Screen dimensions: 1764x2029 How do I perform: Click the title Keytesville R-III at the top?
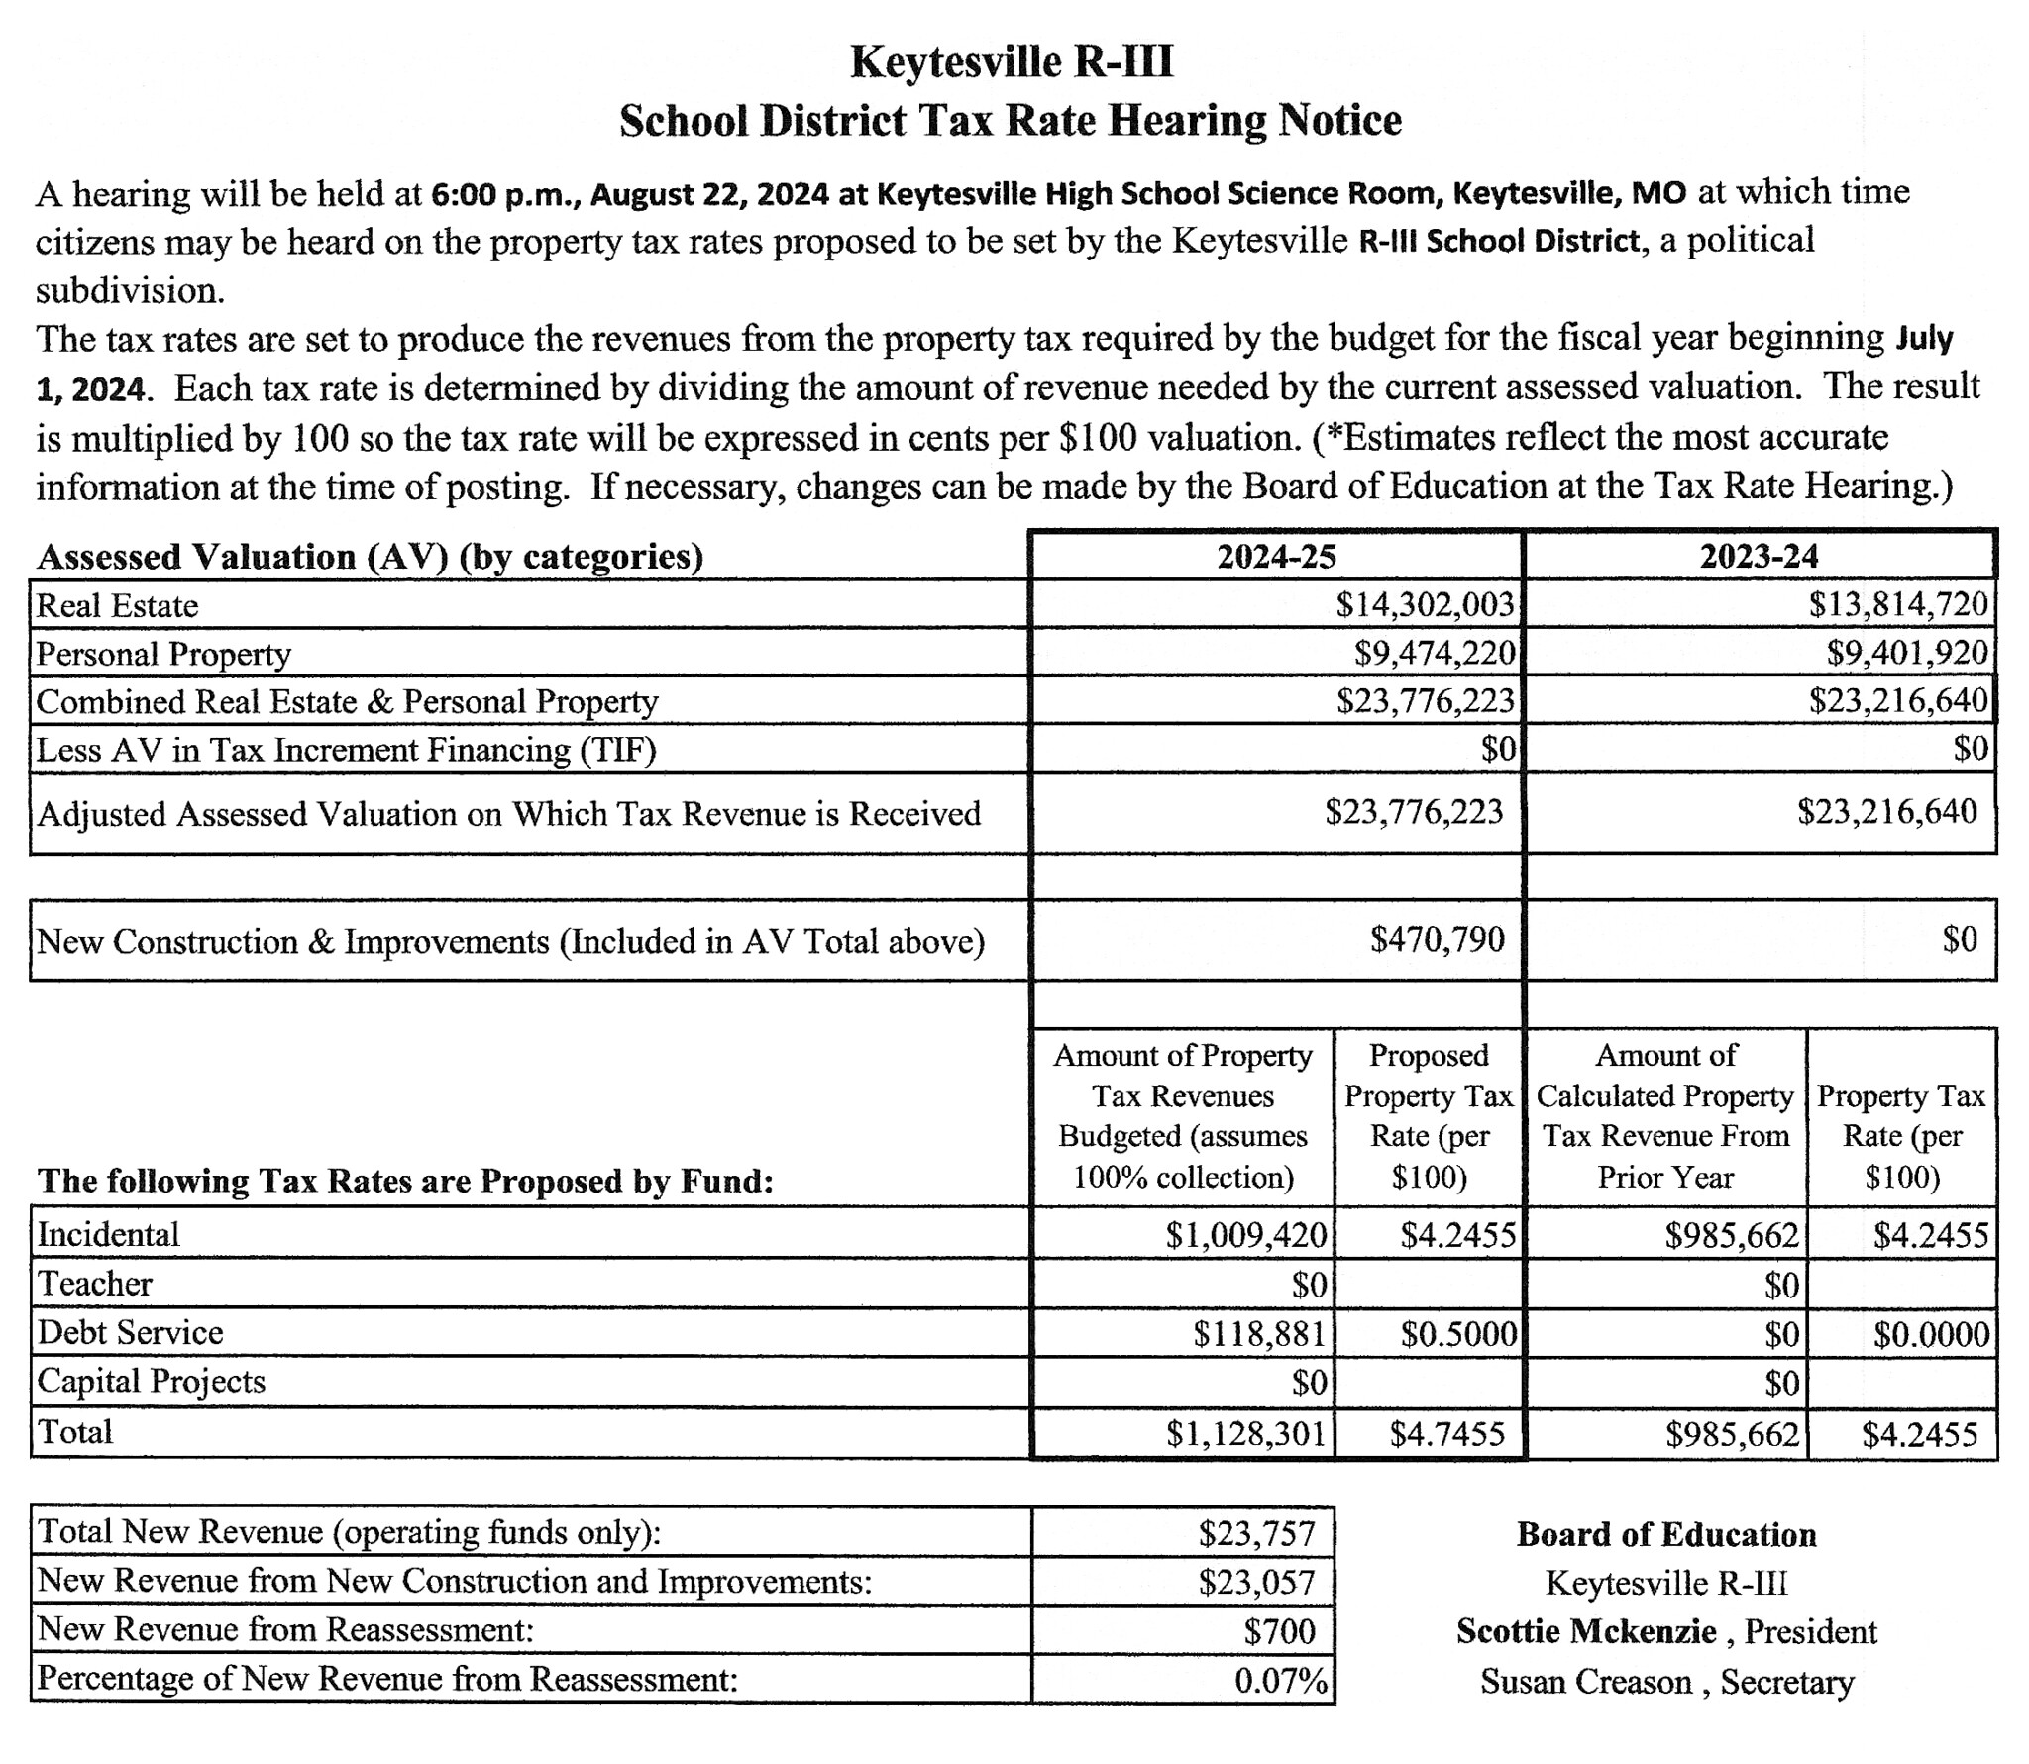(x=1012, y=61)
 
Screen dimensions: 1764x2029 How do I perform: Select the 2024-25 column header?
(x=1276, y=556)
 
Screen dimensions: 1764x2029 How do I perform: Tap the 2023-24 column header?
(x=1759, y=556)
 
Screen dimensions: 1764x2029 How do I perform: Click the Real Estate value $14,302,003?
(x=1425, y=604)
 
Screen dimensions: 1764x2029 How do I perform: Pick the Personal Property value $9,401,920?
(x=1907, y=652)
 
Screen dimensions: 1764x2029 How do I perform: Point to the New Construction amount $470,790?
(x=1437, y=939)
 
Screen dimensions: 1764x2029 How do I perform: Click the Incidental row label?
(x=109, y=1234)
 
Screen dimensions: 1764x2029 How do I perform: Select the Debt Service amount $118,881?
(x=1259, y=1333)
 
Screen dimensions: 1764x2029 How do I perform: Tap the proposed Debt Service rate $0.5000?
(x=1457, y=1334)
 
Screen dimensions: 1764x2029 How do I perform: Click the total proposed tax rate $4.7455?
(x=1446, y=1434)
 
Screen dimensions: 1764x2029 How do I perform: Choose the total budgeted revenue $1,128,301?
(x=1245, y=1434)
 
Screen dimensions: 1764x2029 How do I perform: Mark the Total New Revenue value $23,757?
(x=1256, y=1533)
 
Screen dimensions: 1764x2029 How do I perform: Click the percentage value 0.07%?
(x=1280, y=1680)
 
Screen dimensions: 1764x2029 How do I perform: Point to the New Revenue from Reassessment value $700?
(x=1279, y=1631)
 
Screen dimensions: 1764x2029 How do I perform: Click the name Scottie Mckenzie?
(x=1586, y=1631)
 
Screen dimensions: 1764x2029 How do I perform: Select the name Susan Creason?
(x=1585, y=1681)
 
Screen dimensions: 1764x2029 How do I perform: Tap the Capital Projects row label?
(x=152, y=1381)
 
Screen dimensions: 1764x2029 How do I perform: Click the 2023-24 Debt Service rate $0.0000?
(x=1931, y=1334)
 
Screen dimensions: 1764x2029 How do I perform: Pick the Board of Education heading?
(x=1666, y=1534)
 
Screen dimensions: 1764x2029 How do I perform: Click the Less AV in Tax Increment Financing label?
(x=347, y=750)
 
